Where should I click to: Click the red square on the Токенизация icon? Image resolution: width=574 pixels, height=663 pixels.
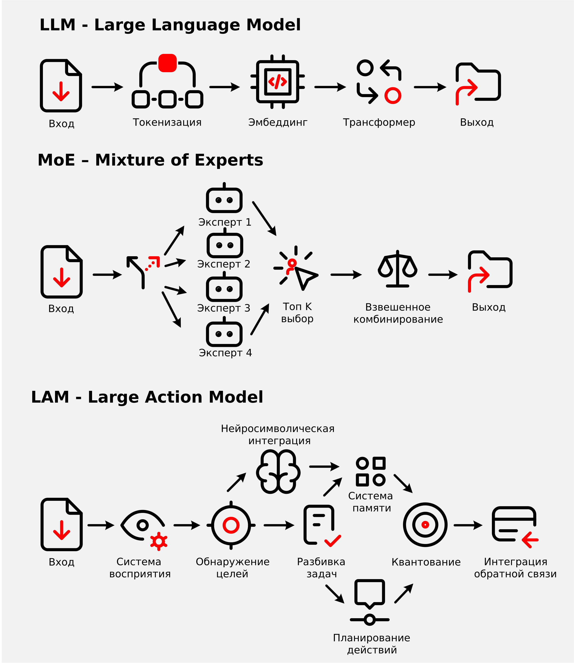[x=167, y=63]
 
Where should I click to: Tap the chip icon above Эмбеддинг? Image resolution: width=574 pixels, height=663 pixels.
[x=277, y=82]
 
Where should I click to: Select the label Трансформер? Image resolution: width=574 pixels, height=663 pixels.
[x=379, y=122]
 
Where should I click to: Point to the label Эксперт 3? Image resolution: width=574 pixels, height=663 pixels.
[x=224, y=308]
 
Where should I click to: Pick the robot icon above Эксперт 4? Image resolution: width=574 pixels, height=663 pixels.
[x=224, y=333]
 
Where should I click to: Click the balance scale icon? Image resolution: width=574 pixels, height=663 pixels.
[x=398, y=269]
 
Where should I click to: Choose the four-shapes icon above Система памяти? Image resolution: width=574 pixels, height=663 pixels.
[x=371, y=471]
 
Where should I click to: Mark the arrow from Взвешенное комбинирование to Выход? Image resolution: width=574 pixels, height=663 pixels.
[x=443, y=275]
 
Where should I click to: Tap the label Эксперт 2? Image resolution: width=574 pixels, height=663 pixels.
[x=224, y=264]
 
